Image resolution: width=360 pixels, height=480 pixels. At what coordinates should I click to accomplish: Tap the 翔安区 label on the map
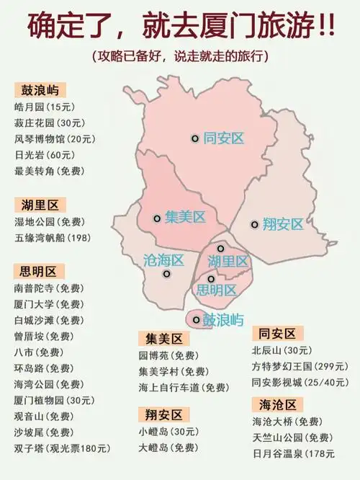point(283,224)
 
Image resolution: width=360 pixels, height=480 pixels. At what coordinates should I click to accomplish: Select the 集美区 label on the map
point(185,217)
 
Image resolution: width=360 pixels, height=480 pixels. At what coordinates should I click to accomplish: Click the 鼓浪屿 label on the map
point(222,319)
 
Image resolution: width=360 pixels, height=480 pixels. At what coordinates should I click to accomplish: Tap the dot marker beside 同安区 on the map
point(194,138)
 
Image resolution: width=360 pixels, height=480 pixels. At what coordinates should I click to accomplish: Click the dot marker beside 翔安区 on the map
point(254,224)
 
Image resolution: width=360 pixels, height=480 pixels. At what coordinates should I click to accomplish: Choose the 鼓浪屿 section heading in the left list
point(41,90)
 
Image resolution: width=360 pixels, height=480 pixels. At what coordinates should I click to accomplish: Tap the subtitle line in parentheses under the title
point(180,55)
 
